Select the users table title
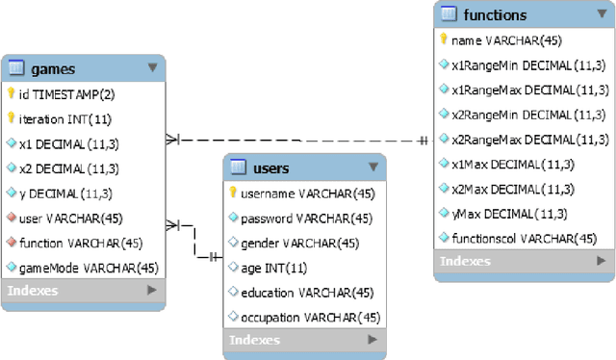pyautogui.click(x=270, y=168)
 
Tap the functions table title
pyautogui.click(x=495, y=14)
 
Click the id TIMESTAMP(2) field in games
pyautogui.click(x=64, y=94)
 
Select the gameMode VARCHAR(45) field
pyautogui.click(x=88, y=267)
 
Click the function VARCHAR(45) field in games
pyautogui.click(x=81, y=243)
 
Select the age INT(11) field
pyautogui.click(x=274, y=268)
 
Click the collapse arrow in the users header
pyautogui.click(x=373, y=167)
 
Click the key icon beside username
pyautogui.click(x=233, y=193)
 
